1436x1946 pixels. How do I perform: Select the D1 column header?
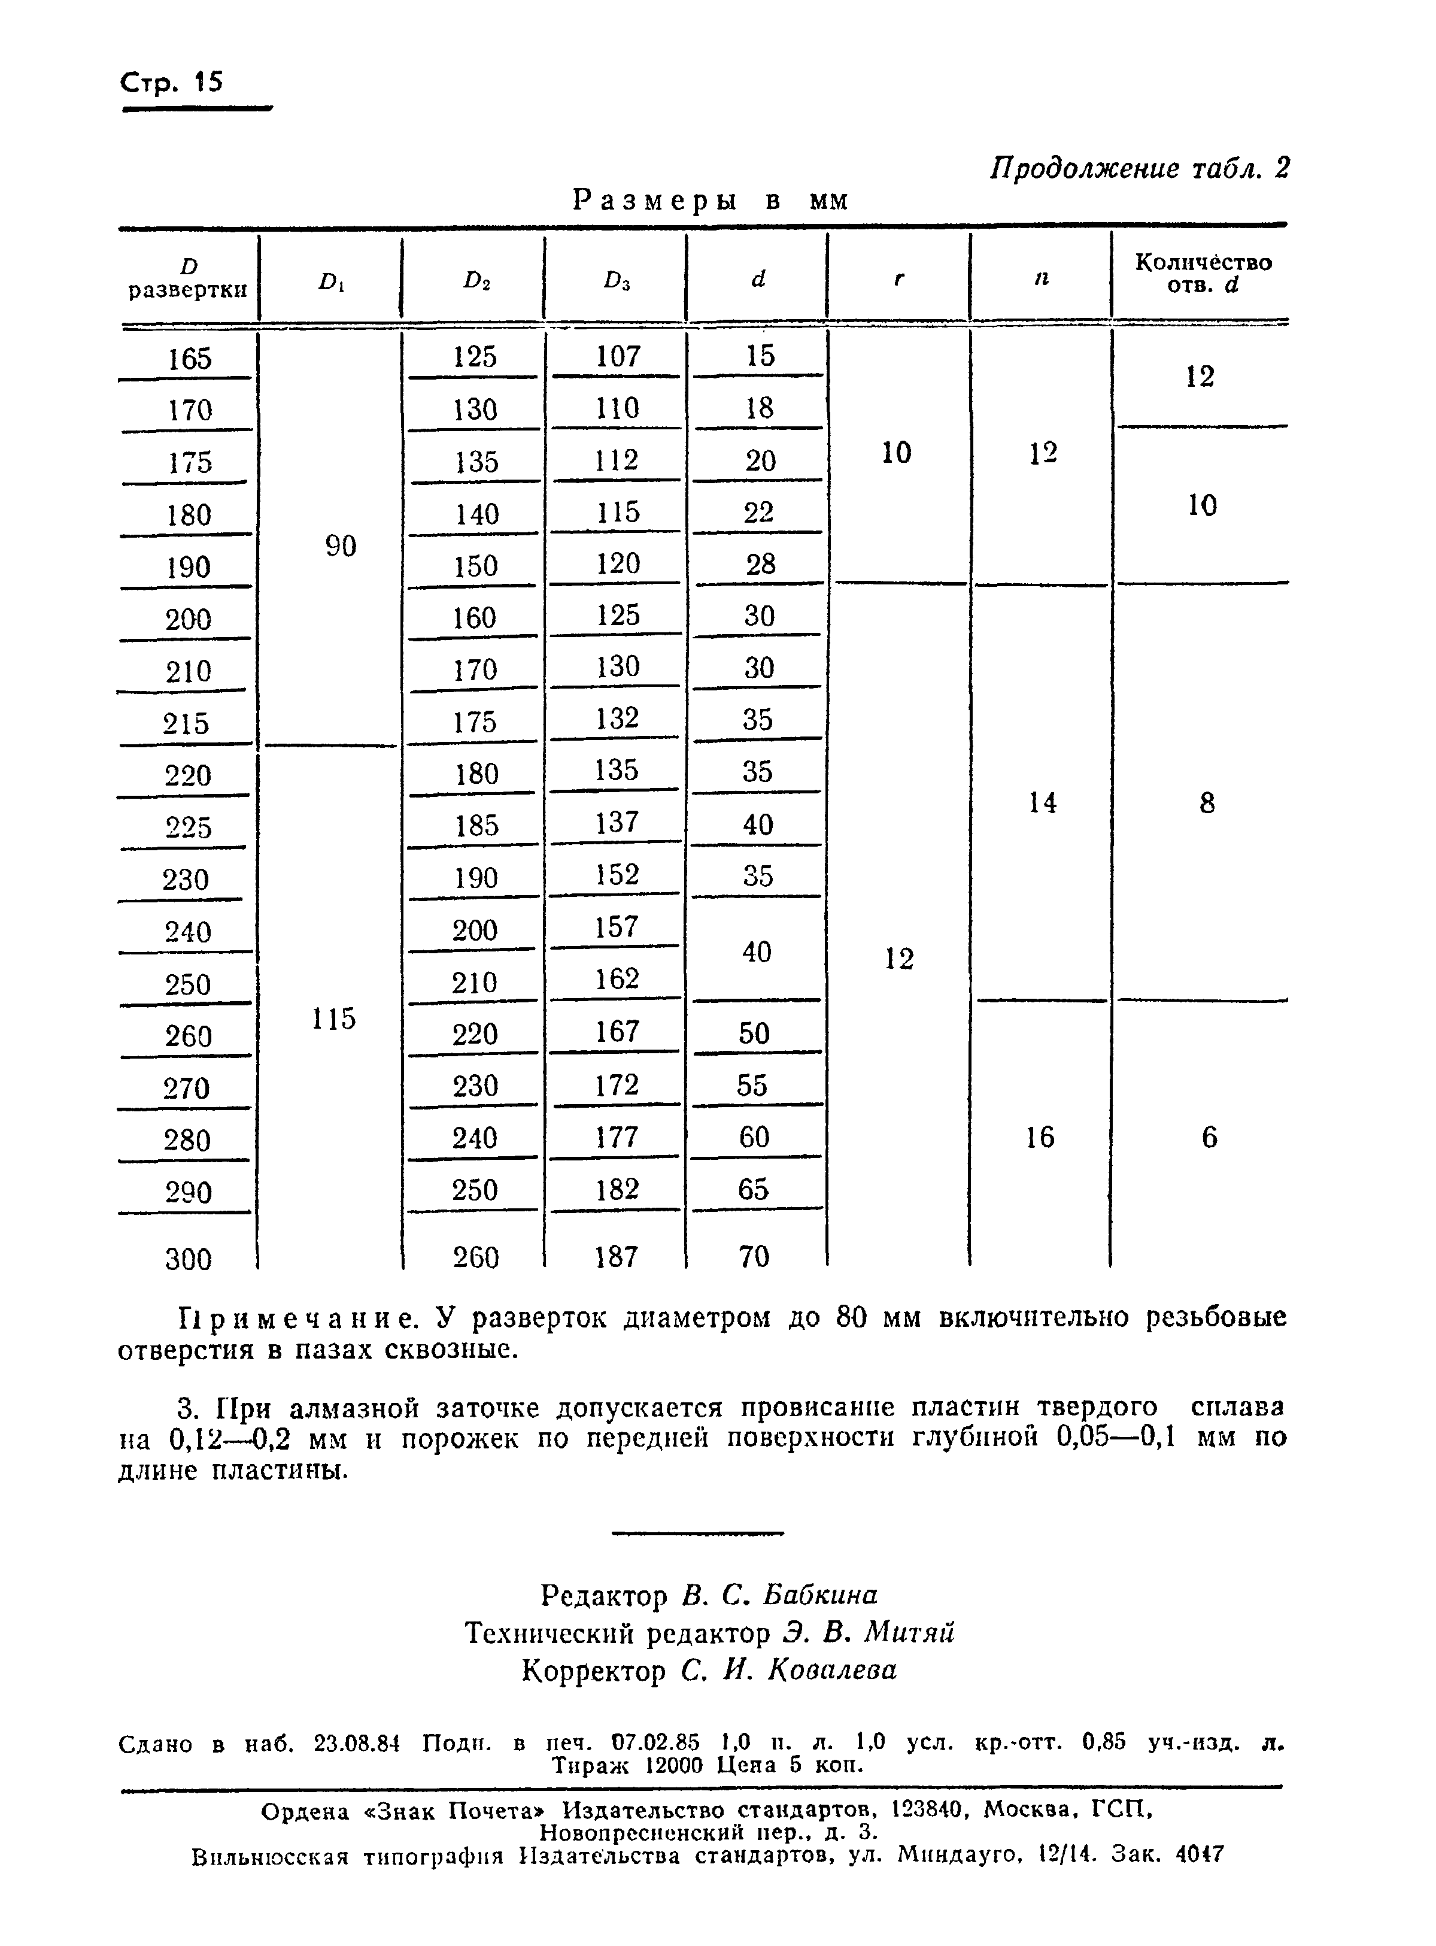[331, 281]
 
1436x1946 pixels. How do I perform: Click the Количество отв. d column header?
[1203, 274]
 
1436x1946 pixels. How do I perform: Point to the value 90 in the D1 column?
[341, 546]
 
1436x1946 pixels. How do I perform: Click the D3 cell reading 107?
[618, 356]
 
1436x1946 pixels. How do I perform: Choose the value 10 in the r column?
[896, 452]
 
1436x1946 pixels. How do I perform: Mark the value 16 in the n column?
[1040, 1136]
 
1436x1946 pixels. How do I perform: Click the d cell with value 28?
[760, 564]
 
